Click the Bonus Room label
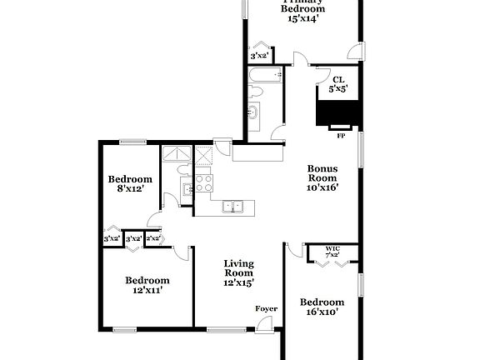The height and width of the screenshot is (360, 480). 322,177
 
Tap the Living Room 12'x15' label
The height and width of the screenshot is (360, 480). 238,272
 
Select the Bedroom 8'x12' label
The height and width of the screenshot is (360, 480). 131,184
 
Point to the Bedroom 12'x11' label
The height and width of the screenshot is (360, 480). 147,285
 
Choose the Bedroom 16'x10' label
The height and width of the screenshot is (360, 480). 322,307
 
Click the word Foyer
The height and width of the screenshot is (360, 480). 266,309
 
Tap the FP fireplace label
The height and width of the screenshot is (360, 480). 340,133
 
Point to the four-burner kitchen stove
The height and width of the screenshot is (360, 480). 204,183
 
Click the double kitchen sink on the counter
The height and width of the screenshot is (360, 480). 232,206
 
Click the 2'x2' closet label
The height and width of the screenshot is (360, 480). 152,238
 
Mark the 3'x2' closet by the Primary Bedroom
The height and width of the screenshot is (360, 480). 259,57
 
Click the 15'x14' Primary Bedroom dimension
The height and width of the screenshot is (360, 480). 302,17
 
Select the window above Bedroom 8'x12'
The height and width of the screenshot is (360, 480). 132,141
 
